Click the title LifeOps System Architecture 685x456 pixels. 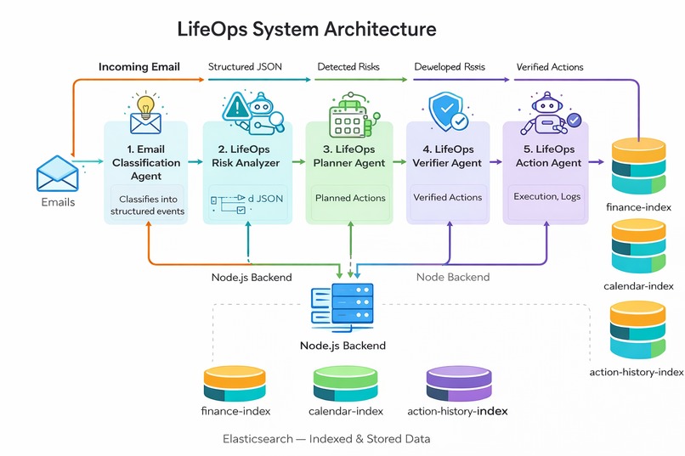307,29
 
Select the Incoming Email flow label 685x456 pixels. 139,67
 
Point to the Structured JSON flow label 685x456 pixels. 245,67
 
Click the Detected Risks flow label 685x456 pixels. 348,67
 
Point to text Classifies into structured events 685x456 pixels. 146,205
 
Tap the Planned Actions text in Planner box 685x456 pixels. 350,198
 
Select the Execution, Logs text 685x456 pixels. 547,196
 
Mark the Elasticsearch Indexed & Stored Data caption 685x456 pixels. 326,439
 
